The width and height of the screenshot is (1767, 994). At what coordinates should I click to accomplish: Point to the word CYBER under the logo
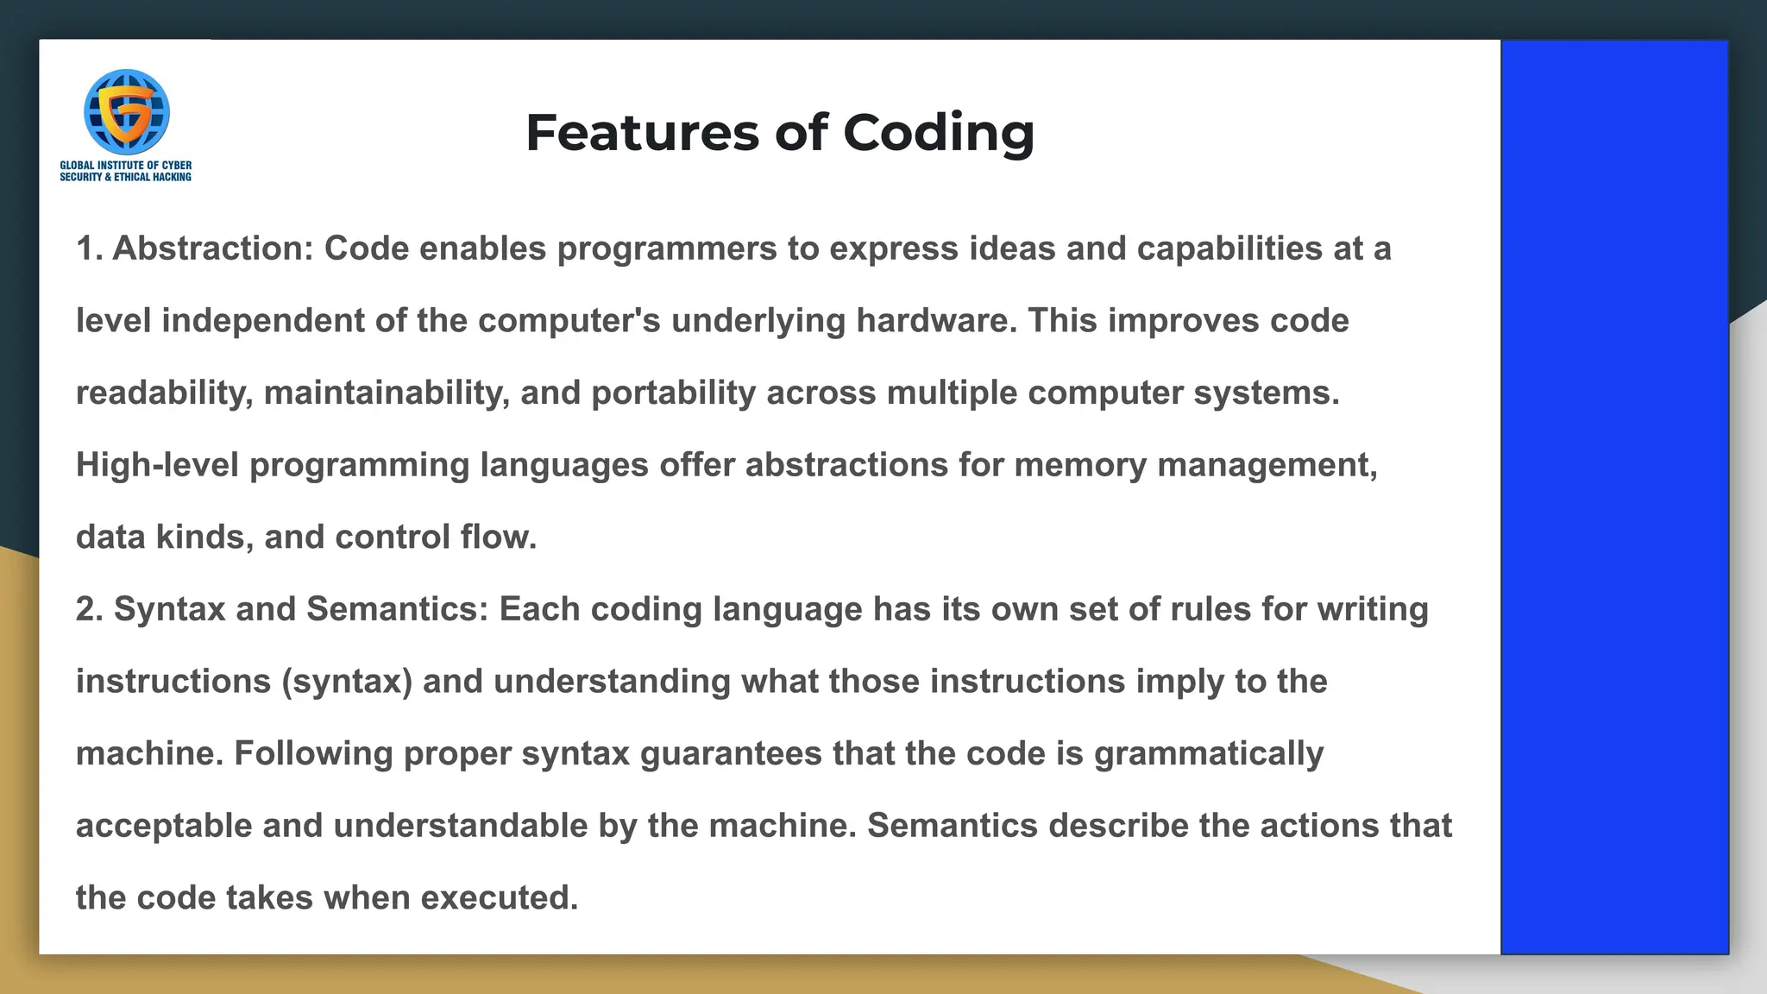click(x=177, y=165)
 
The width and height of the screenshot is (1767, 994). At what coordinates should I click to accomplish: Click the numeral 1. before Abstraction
click(x=89, y=248)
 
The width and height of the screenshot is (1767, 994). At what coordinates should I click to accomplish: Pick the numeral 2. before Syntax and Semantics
click(x=89, y=609)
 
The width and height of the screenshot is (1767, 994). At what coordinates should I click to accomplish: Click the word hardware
click(x=935, y=321)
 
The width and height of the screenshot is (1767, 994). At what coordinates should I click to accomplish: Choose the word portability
click(x=673, y=393)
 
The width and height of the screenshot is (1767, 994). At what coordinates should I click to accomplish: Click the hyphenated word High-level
click(x=157, y=466)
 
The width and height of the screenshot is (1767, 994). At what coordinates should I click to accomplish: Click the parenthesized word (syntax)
click(x=347, y=682)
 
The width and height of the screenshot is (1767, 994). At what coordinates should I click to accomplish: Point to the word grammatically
click(x=1209, y=754)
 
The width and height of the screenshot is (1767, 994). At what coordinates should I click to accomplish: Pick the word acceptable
click(x=164, y=826)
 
